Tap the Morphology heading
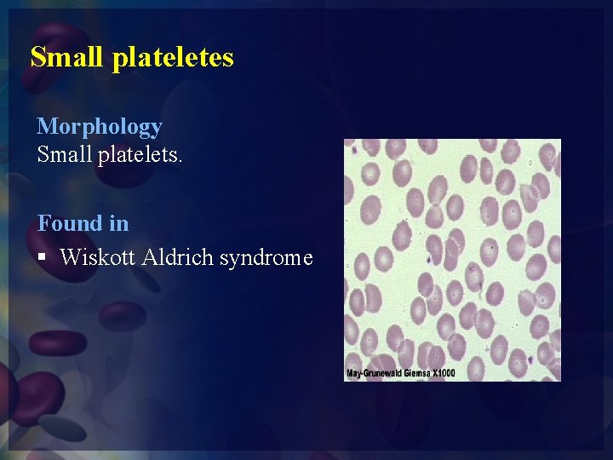tap(100, 127)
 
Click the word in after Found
tap(118, 223)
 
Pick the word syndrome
tap(266, 257)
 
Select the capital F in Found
tap(43, 223)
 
